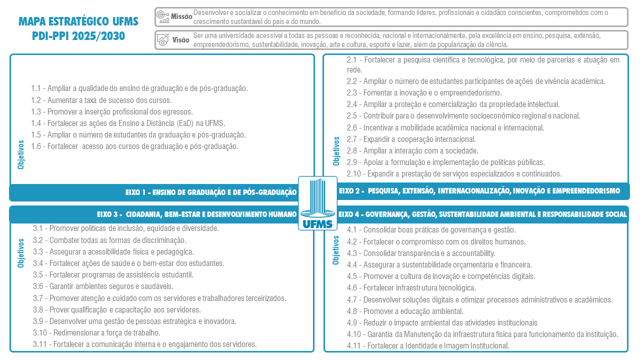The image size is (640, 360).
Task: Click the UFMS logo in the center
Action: pyautogui.click(x=317, y=203)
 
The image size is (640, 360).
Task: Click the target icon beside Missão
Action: pyautogui.click(x=162, y=16)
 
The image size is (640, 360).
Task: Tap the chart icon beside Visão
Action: pyautogui.click(x=162, y=40)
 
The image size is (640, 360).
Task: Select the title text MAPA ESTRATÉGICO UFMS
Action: pyautogui.click(x=78, y=21)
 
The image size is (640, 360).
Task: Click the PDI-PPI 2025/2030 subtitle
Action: pyautogui.click(x=78, y=36)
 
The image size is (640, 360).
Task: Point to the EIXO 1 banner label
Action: pyautogui.click(x=210, y=192)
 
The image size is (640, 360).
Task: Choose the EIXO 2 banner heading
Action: pyautogui.click(x=479, y=191)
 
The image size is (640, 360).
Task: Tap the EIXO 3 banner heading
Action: pyautogui.click(x=196, y=214)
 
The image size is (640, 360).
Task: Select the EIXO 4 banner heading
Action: pyautogui.click(x=482, y=214)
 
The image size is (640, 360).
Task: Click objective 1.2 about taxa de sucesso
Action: pyautogui.click(x=101, y=100)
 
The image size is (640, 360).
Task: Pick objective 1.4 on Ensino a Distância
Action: pyautogui.click(x=128, y=123)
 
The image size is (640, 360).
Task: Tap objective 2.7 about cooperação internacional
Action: pyautogui.click(x=411, y=139)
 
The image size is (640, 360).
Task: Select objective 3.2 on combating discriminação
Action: pyautogui.click(x=109, y=240)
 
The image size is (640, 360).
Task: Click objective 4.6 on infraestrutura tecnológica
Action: pyautogui.click(x=411, y=287)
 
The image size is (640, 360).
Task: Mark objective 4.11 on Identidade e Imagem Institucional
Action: pyautogui.click(x=428, y=345)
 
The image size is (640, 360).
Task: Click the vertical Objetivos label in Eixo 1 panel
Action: pyautogui.click(x=21, y=154)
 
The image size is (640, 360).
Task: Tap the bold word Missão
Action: pyautogui.click(x=181, y=16)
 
